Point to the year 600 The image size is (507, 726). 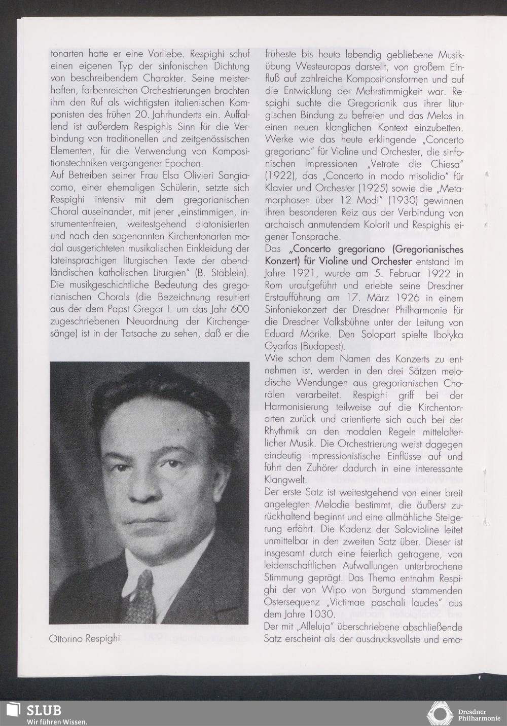tap(239, 309)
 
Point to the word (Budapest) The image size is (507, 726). tap(322, 347)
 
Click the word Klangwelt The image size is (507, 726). tap(285, 479)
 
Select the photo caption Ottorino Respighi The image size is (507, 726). tap(84, 638)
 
